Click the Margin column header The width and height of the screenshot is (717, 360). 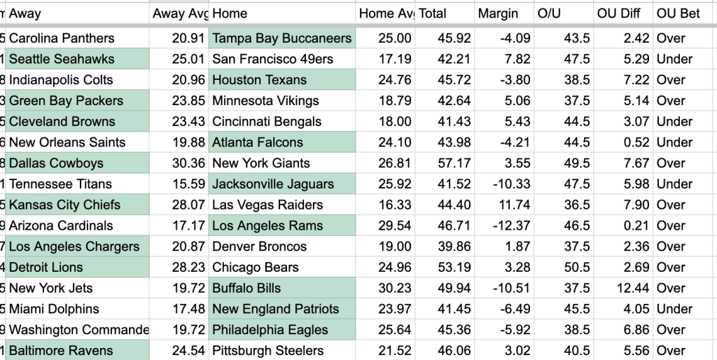click(498, 14)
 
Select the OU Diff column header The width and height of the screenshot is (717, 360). click(619, 14)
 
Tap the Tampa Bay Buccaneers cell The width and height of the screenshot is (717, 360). click(281, 38)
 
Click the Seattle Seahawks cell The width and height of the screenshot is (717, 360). click(77, 59)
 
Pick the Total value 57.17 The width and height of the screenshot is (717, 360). click(454, 163)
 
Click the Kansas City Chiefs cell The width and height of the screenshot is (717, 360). click(77, 205)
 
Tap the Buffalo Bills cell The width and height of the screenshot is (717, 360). click(281, 288)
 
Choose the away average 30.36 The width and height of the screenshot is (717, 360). click(188, 163)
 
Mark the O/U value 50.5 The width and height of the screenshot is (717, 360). click(576, 267)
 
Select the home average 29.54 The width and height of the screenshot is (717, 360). click(395, 226)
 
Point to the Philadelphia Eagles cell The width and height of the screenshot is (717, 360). click(281, 330)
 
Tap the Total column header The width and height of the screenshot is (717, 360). click(432, 14)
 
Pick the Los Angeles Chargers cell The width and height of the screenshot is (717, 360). click(77, 247)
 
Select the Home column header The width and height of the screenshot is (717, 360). click(230, 14)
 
